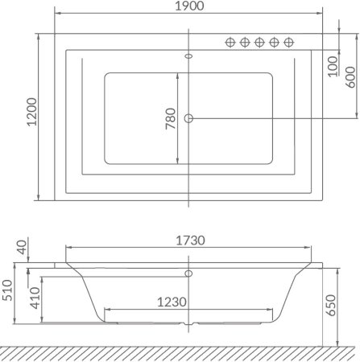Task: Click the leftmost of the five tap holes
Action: tap(230, 43)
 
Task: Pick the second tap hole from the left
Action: tap(245, 43)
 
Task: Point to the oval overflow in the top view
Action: tap(189, 56)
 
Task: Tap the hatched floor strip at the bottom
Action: tap(179, 351)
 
